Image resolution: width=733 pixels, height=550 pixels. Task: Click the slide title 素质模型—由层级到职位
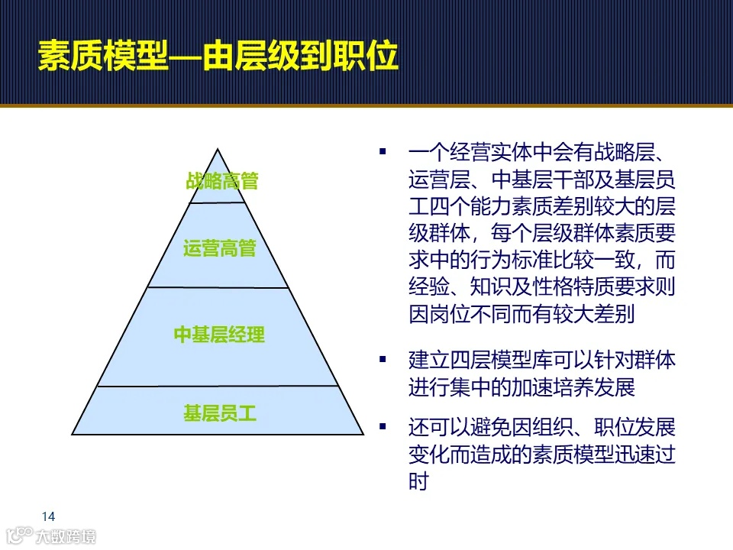coord(218,55)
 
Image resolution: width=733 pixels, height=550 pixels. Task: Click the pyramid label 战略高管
coord(222,181)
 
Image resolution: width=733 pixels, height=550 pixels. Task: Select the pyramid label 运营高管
coord(220,248)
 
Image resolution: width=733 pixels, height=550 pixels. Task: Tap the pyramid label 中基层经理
coord(219,335)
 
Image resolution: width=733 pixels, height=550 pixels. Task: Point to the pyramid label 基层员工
coord(220,414)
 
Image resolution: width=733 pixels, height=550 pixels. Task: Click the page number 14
coord(48,515)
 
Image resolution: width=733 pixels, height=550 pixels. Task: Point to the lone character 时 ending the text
coord(418,480)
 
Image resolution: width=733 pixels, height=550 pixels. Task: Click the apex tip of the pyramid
coord(218,150)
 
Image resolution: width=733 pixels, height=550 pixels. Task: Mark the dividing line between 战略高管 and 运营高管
coord(218,203)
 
